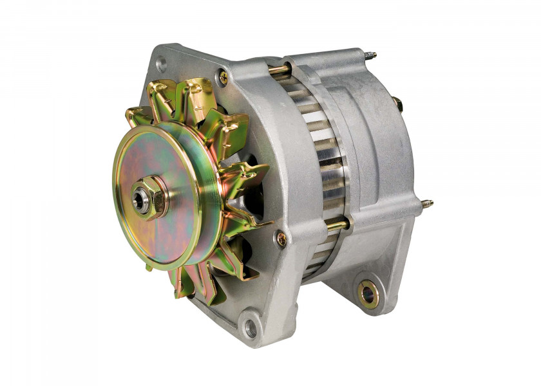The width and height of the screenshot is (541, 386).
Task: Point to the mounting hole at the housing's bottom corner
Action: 251,328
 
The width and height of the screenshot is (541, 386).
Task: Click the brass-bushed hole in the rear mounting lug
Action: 368,295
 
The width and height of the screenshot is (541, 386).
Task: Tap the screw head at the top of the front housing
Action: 223,77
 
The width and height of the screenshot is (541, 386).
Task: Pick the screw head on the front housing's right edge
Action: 281,239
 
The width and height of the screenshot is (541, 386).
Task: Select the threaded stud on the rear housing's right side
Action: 426,204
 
